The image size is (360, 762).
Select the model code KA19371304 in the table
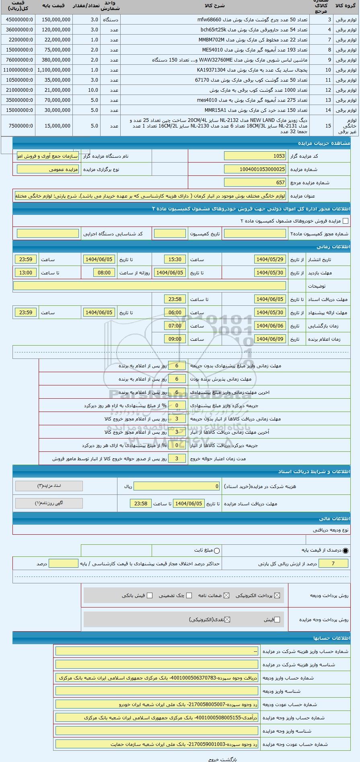pyautogui.click(x=211, y=70)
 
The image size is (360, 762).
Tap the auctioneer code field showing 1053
pyautogui.click(x=255, y=156)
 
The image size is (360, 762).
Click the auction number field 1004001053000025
pyautogui.click(x=255, y=169)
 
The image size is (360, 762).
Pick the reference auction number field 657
pyautogui.click(x=255, y=183)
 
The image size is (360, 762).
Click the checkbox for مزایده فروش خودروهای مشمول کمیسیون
pyautogui.click(x=345, y=221)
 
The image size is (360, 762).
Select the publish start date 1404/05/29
pyautogui.click(x=270, y=259)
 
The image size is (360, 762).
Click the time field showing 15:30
pyautogui.click(x=175, y=259)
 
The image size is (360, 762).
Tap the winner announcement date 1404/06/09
pyautogui.click(x=270, y=339)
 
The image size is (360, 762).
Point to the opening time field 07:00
pyautogui.click(x=175, y=326)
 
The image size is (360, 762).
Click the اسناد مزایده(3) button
pyautogui.click(x=49, y=486)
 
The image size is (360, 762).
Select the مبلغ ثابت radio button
pyautogui.click(x=217, y=551)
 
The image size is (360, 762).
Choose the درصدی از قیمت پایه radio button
pyautogui.click(x=346, y=551)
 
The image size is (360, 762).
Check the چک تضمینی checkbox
pyautogui.click(x=189, y=596)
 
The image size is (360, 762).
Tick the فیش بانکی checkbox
pyautogui.click(x=150, y=596)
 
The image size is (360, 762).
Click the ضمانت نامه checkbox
pyautogui.click(x=226, y=596)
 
